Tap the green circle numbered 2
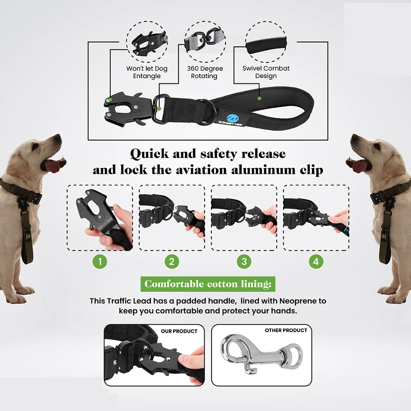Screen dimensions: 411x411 [172, 261]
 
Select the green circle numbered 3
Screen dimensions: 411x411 [244, 261]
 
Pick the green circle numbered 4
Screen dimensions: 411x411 [316, 261]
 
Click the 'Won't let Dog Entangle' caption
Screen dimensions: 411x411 [147, 72]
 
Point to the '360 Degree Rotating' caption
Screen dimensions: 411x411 [204, 72]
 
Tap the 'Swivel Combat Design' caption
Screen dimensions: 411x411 [266, 72]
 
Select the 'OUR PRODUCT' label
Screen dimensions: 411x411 [179, 331]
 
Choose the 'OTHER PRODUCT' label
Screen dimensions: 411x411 [286, 330]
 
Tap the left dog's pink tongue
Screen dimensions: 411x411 [52, 166]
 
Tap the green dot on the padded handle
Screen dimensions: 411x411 [259, 99]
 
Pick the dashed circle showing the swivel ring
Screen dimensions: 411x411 [204, 41]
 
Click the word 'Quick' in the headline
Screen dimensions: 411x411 [150, 154]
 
